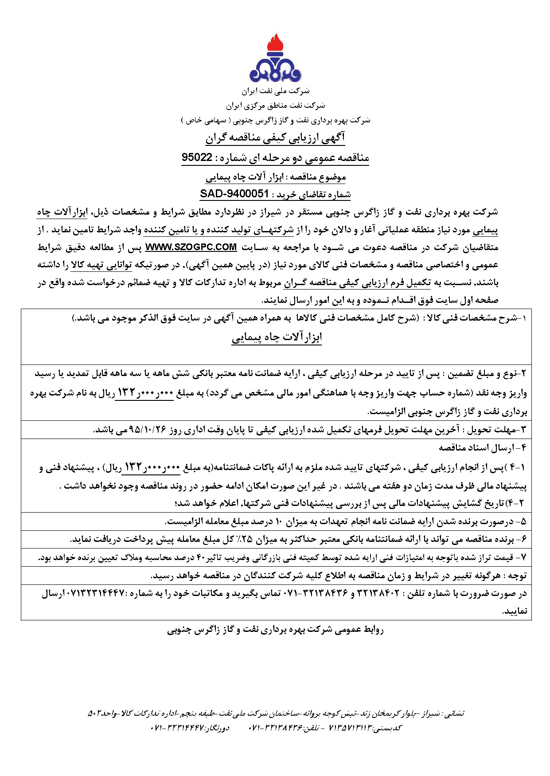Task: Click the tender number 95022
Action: (198, 157)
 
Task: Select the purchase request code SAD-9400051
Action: (234, 194)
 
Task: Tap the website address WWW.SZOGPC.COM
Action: (191, 247)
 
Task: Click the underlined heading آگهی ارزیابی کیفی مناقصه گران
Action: (275, 138)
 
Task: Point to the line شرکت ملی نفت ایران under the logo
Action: (275, 91)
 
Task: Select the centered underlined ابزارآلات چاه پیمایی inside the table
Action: (277, 337)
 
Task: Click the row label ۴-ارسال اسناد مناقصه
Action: (483, 447)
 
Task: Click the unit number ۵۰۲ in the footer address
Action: (96, 713)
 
